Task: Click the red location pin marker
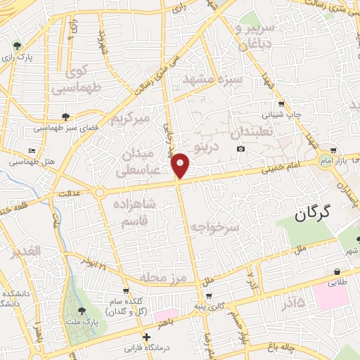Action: pyautogui.click(x=181, y=165)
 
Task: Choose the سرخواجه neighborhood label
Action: pyautogui.click(x=215, y=226)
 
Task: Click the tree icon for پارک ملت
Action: pyautogui.click(x=82, y=309)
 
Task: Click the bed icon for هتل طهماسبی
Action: pyautogui.click(x=32, y=151)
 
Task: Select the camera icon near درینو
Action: pyautogui.click(x=241, y=148)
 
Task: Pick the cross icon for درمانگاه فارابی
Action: pyautogui.click(x=146, y=336)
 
